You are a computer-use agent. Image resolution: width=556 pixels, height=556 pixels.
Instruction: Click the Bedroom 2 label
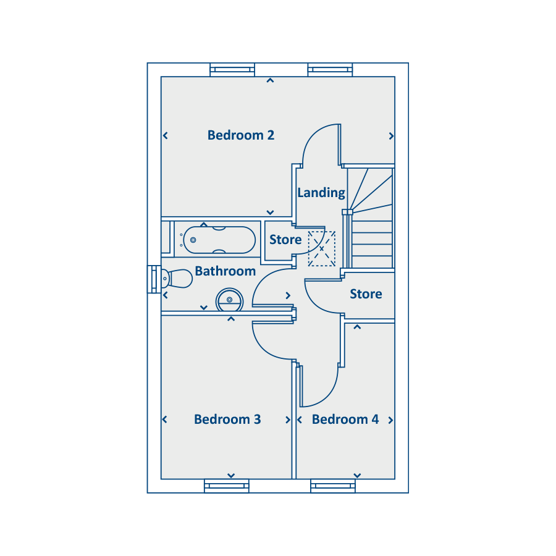[241, 135]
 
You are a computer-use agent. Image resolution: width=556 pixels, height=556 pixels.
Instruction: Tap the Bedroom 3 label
[227, 419]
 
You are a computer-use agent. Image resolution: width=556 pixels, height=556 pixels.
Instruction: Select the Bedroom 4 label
[345, 419]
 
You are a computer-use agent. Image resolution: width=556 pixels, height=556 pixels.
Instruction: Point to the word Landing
[321, 193]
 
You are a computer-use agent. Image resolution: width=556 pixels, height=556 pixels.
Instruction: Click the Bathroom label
[225, 271]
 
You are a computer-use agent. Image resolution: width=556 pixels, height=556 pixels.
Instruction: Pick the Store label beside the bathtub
[285, 240]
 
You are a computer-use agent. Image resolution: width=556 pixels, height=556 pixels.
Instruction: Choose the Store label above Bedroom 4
[366, 294]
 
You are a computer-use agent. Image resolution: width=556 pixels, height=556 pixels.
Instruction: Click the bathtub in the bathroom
[219, 240]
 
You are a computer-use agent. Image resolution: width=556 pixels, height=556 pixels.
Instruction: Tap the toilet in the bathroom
[177, 279]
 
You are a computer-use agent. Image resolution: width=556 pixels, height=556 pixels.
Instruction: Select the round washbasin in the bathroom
[229, 300]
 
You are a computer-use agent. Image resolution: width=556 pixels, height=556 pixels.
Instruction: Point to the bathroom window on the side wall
[154, 279]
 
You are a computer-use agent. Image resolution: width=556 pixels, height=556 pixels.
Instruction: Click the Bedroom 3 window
[227, 486]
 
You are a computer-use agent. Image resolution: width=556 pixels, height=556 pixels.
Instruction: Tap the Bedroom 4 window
[332, 486]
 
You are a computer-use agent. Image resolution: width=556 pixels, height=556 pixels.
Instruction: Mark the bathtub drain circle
[193, 240]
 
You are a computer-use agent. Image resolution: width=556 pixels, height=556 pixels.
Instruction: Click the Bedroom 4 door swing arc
[327, 394]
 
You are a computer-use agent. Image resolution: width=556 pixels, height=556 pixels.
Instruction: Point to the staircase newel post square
[347, 212]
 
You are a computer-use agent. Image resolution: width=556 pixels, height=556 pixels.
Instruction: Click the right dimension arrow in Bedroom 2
[391, 136]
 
